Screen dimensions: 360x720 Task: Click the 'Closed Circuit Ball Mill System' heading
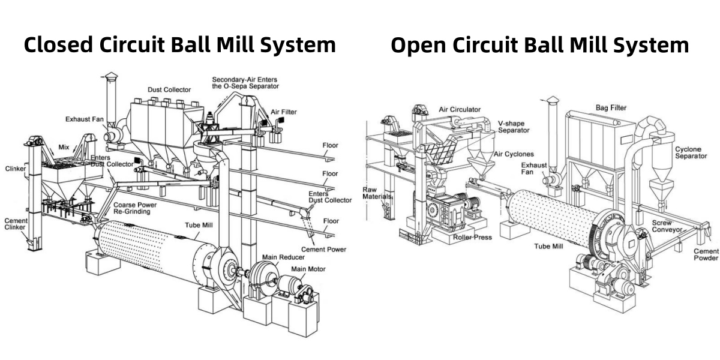[x=179, y=45]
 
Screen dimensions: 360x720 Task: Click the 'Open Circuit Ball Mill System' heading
[x=539, y=45]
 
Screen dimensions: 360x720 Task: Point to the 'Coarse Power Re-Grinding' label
[x=136, y=208]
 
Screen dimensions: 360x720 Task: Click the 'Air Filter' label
[x=283, y=112]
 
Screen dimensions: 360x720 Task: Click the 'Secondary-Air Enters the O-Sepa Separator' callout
[x=244, y=82]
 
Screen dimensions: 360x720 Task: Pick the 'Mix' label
[x=64, y=146]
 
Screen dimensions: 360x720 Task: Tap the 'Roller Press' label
[x=474, y=237]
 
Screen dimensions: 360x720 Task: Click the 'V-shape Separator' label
[x=514, y=127]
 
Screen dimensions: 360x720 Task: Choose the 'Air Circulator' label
[x=460, y=110]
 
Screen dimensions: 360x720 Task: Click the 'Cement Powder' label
[x=706, y=254]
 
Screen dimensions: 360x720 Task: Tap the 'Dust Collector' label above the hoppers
[x=169, y=90]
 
